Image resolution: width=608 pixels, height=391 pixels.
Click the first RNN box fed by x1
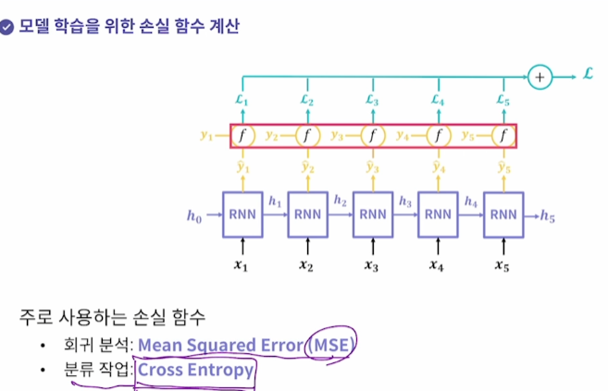point(242,214)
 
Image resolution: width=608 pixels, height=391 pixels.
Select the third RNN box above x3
point(372,214)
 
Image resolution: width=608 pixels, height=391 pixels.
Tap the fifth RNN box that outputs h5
point(503,214)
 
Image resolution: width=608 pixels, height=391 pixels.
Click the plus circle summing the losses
point(539,78)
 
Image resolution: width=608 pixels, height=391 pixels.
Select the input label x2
point(307,267)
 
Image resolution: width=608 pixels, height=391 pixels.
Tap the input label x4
point(437,267)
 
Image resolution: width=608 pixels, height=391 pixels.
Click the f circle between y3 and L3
point(372,136)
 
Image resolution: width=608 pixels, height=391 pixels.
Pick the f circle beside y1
point(242,136)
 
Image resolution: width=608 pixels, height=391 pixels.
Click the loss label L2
point(307,99)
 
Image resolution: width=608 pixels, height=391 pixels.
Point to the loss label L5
point(503,99)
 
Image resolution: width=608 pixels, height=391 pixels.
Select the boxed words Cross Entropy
point(195,370)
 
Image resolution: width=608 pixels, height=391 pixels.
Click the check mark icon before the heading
point(8,26)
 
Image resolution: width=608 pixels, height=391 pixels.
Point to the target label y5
point(468,135)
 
